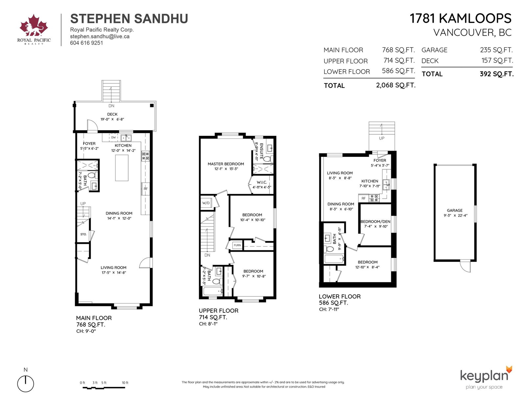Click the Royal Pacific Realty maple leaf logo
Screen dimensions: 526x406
(x=34, y=25)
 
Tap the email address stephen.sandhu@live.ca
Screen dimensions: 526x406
(x=100, y=36)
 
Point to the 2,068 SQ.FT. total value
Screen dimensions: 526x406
(x=395, y=85)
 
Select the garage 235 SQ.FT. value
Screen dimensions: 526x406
(x=496, y=50)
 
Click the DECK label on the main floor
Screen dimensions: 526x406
(x=112, y=114)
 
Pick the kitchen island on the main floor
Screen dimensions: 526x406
(x=122, y=168)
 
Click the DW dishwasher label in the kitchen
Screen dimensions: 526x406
(x=113, y=137)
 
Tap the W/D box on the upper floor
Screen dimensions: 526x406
(x=206, y=203)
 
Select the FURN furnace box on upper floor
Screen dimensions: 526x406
(x=237, y=245)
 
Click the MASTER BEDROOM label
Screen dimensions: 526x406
(x=226, y=164)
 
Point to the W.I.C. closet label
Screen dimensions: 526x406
(x=262, y=182)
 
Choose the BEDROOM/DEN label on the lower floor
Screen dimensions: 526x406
(x=375, y=221)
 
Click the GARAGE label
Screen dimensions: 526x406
(x=455, y=210)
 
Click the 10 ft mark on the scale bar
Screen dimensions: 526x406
(x=125, y=383)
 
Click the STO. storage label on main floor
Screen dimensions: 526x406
(x=84, y=234)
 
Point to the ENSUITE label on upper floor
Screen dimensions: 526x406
(x=261, y=151)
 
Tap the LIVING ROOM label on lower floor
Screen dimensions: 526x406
(x=340, y=173)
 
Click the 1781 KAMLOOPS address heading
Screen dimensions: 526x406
(x=461, y=18)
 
